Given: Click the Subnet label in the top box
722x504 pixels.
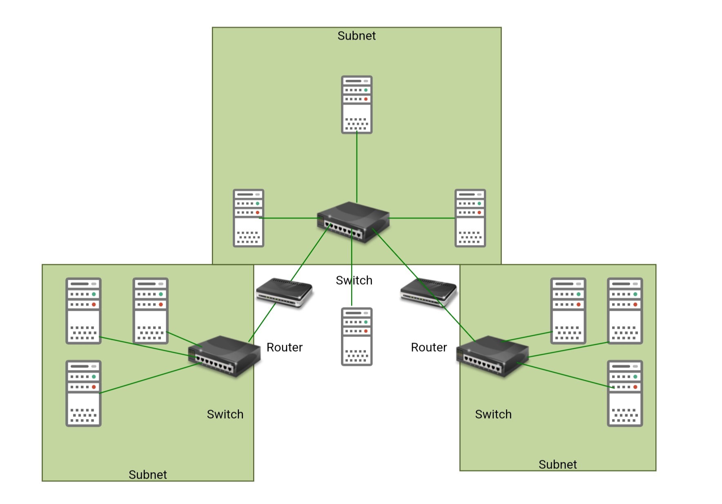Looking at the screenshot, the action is tap(357, 36).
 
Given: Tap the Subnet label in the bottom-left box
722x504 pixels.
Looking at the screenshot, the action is tap(148, 475).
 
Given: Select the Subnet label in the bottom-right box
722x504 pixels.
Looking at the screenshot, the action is tap(557, 464).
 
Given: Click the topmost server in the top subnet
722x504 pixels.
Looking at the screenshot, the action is tap(357, 105).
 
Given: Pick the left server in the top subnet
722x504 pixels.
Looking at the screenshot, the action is tap(248, 218).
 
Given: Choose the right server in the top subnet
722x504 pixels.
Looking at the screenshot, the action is tap(470, 218).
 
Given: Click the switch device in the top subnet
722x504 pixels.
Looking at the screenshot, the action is tap(353, 222).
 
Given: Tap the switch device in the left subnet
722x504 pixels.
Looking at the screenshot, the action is tap(224, 356).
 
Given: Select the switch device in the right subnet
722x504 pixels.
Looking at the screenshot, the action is tap(492, 356).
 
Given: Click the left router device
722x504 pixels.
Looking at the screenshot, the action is tap(284, 292).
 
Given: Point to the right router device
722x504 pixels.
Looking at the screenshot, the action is tap(428, 292).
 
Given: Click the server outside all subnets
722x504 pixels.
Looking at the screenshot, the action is tap(357, 337).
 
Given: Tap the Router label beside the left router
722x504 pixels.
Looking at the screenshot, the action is tap(285, 347).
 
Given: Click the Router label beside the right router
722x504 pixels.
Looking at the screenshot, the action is tap(429, 347).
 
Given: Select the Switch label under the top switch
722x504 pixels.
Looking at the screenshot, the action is tap(354, 280).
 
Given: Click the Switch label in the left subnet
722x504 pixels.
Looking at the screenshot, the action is tap(225, 414).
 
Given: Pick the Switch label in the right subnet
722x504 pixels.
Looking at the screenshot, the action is tap(493, 414).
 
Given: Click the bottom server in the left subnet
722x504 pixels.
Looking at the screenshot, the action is tap(83, 393).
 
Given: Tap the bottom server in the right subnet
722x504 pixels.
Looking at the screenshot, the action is tap(625, 393).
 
